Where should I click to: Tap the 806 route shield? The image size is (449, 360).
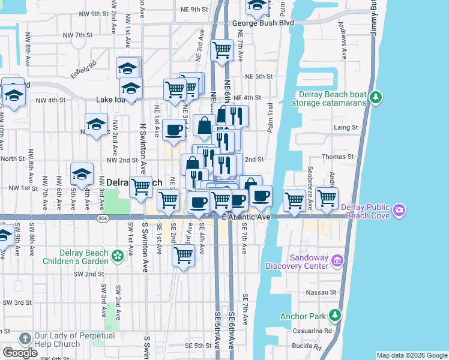click(x=103, y=219)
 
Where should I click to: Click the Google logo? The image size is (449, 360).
click(x=20, y=353)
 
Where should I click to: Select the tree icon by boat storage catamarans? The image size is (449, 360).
click(x=376, y=97)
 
